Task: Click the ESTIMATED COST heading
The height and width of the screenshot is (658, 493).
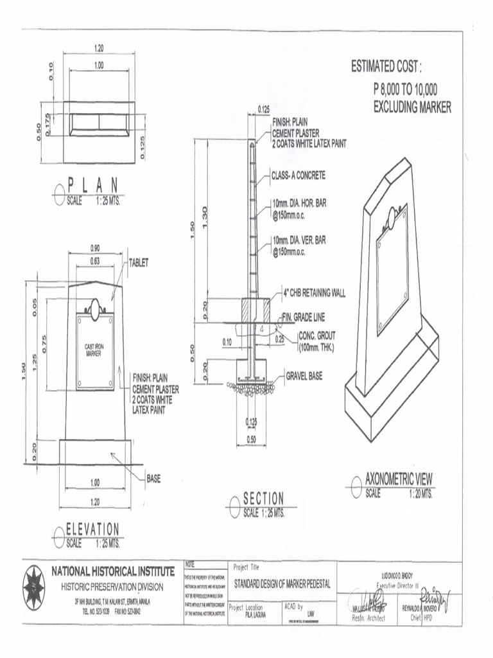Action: tap(386, 66)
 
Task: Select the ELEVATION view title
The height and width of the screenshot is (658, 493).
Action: tap(93, 529)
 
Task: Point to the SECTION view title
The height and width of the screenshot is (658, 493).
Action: tap(263, 499)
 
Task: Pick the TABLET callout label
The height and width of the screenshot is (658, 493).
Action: tap(139, 263)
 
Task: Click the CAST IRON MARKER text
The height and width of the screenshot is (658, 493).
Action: tap(94, 350)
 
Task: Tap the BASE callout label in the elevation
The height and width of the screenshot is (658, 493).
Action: tap(153, 478)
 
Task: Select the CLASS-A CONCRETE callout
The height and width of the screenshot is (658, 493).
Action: tap(298, 175)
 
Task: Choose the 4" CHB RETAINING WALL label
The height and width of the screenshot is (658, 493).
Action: tap(314, 294)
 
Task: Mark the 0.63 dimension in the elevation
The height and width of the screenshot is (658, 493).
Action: tap(94, 260)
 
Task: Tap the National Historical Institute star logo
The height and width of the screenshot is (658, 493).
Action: tap(34, 587)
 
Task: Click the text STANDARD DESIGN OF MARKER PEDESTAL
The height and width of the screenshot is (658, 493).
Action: tap(282, 584)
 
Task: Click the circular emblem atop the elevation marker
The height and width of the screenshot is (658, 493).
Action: tap(95, 308)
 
